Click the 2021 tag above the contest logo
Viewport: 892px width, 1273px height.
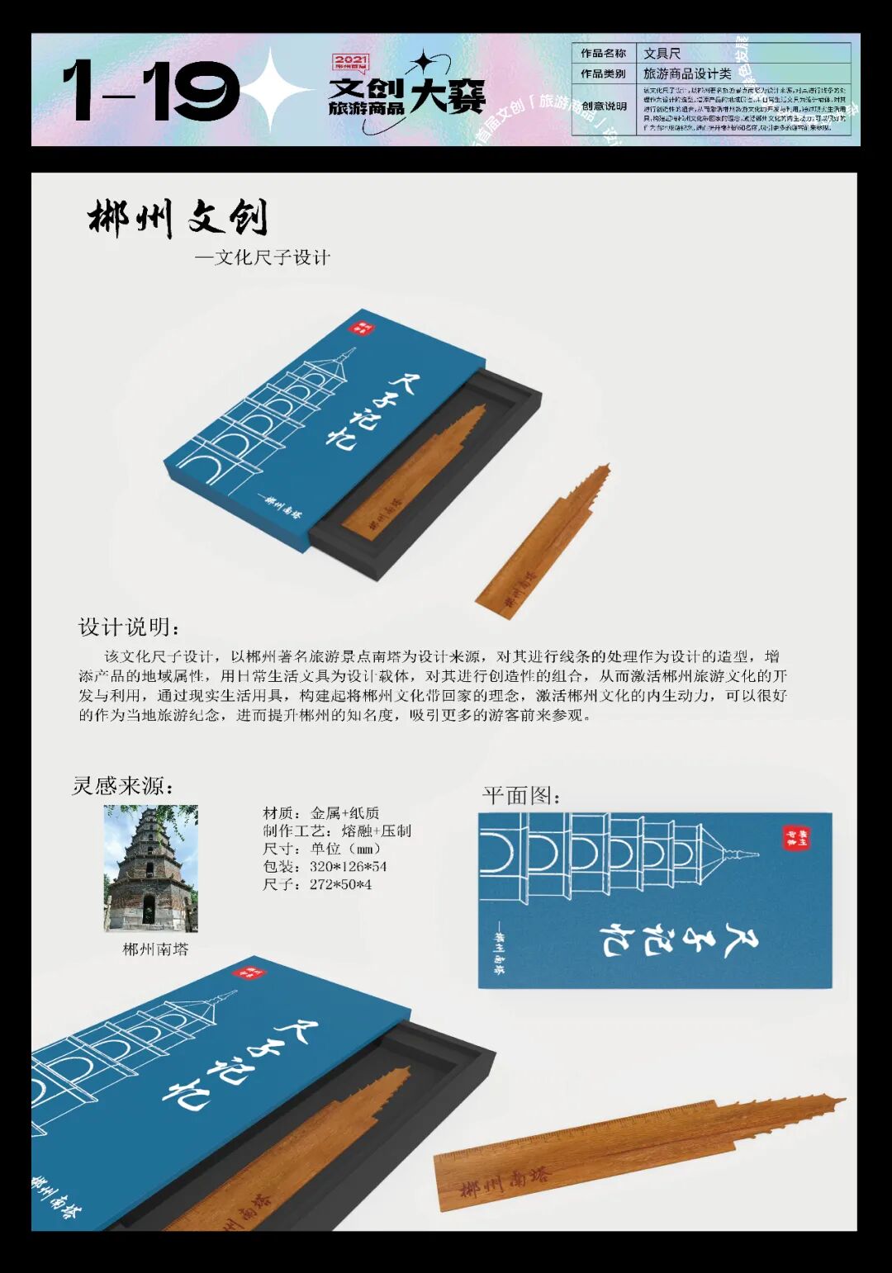coord(350,61)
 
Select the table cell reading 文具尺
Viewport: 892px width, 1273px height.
coord(662,54)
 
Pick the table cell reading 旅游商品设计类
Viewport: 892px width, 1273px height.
coord(687,73)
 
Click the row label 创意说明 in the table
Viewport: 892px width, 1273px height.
coord(604,106)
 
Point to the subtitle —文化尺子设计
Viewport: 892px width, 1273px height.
coord(263,258)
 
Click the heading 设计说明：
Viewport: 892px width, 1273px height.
coord(129,627)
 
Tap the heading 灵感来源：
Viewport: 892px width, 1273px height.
coord(123,786)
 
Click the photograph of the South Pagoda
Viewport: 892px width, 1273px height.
coord(151,868)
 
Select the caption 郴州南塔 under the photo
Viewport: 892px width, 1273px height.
coord(156,949)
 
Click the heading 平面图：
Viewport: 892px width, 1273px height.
coord(522,796)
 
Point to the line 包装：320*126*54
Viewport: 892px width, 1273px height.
coord(325,867)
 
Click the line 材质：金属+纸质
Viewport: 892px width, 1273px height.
coord(320,813)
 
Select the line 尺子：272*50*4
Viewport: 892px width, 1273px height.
coord(317,885)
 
